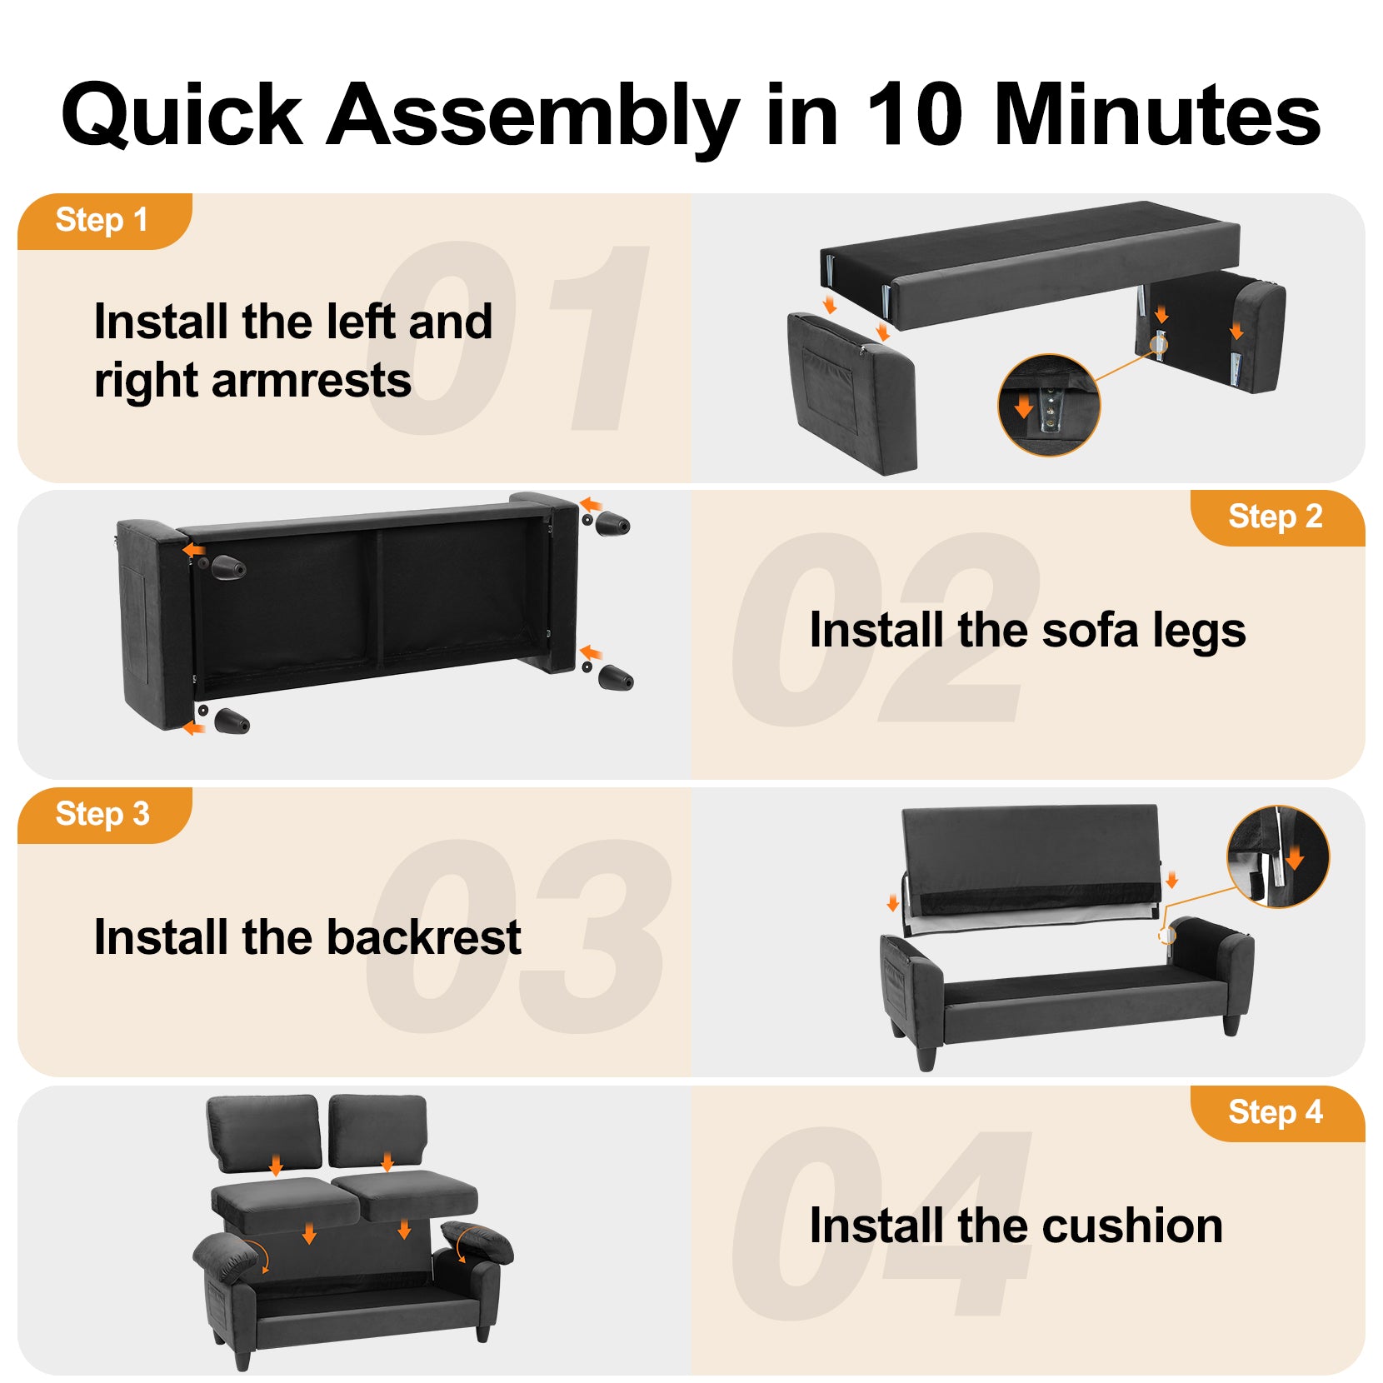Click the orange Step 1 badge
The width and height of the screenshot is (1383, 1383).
[x=104, y=222]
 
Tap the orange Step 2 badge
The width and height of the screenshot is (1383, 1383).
[x=1277, y=518]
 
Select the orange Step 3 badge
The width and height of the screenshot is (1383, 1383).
[x=104, y=816]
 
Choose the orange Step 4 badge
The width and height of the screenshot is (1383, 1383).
[x=1277, y=1113]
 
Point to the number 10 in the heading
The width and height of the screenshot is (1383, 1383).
[x=914, y=114]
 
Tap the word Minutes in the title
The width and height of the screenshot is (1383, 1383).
[x=1157, y=114]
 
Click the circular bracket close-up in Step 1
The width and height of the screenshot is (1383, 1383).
[x=1049, y=406]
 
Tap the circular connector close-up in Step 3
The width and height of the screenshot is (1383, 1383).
[x=1278, y=856]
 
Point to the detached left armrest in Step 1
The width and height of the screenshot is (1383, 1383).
[x=852, y=393]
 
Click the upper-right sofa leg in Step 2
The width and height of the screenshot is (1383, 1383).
[x=612, y=524]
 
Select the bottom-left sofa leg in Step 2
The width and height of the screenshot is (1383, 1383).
[x=231, y=721]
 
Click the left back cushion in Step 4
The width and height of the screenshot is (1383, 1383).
[x=263, y=1133]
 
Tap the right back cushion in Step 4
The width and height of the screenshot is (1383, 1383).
[x=378, y=1131]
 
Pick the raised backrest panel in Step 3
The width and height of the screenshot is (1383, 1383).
[x=1031, y=863]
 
